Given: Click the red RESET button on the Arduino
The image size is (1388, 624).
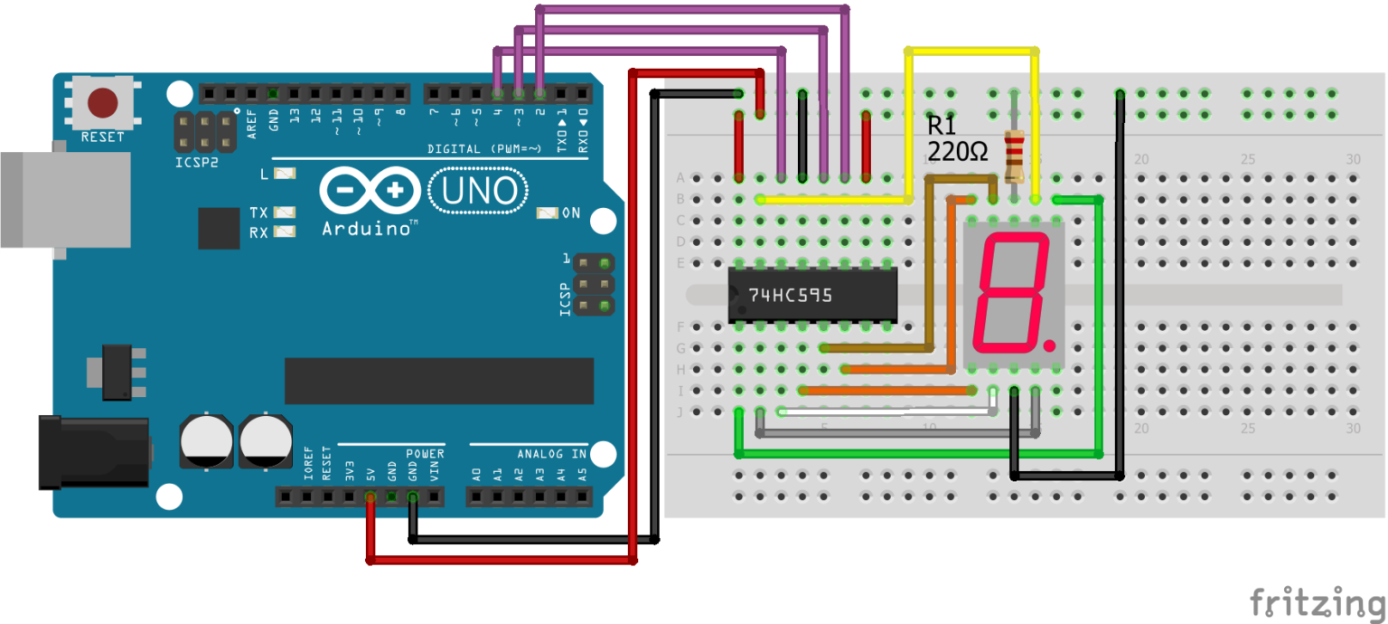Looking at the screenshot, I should point(102,104).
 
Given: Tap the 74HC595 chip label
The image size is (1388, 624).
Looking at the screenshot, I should point(790,295).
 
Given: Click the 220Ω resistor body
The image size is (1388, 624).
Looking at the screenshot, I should point(1015,155).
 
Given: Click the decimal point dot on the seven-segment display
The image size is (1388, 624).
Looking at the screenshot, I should point(1048,345).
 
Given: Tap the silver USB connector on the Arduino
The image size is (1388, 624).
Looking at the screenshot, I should point(54,199).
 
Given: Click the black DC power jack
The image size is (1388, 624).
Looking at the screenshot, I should point(90,451).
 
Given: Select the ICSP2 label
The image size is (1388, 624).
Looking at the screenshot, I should point(197,164).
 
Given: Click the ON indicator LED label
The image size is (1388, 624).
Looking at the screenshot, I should point(571,213).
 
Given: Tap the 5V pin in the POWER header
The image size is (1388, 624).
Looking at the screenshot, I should point(370,496).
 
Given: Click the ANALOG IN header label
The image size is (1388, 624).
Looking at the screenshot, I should point(551,454).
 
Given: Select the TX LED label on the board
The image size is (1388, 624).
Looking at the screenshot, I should point(258,213).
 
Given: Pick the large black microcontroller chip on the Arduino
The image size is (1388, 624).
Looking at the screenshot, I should point(438,381).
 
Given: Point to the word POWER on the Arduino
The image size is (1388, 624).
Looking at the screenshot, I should point(425,454).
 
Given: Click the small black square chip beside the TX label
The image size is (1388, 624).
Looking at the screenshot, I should point(219,228).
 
